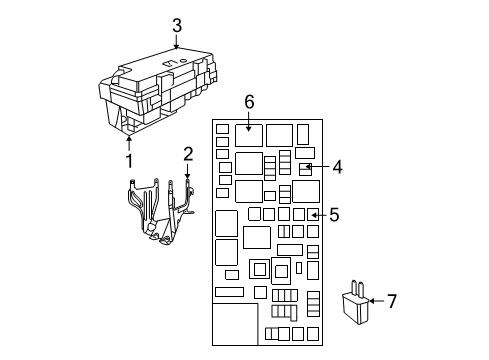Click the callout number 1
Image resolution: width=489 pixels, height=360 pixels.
tap(129, 159)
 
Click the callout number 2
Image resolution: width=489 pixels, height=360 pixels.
tap(187, 152)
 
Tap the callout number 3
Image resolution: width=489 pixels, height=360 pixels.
tap(176, 26)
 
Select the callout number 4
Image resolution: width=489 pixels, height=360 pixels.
tap(338, 167)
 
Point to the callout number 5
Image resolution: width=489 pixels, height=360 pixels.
tap(334, 214)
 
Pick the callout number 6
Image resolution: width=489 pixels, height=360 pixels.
tap(250, 101)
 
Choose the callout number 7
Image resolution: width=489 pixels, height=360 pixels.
tap(392, 299)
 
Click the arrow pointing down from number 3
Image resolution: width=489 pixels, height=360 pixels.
tap(176, 41)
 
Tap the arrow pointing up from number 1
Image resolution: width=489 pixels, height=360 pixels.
tap(129, 143)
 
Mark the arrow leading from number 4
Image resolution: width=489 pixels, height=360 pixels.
tap(318, 167)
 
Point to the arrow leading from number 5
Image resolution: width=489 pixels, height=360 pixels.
tap(317, 214)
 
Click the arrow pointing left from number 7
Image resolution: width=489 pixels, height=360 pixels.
tap(375, 299)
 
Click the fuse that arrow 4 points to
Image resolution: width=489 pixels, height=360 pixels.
tap(306, 168)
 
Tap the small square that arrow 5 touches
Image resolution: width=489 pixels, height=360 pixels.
tap(300, 214)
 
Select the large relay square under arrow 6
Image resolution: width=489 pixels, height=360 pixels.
tap(250, 134)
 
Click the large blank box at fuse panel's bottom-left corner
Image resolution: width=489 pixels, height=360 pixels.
tap(236, 324)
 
